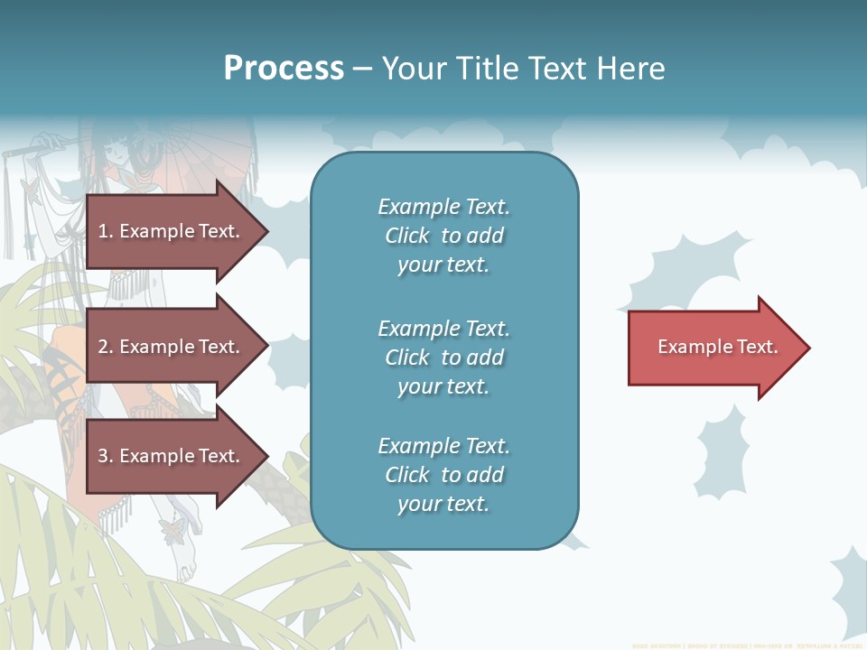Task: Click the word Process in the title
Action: coord(284,69)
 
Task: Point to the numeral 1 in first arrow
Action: coord(102,231)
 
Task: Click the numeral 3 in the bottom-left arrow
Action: coord(103,456)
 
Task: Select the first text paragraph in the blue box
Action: coord(443,236)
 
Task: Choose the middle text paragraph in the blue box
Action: coord(443,357)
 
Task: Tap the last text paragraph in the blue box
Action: coord(443,475)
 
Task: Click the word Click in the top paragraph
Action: coord(406,236)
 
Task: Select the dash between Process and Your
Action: coord(362,69)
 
